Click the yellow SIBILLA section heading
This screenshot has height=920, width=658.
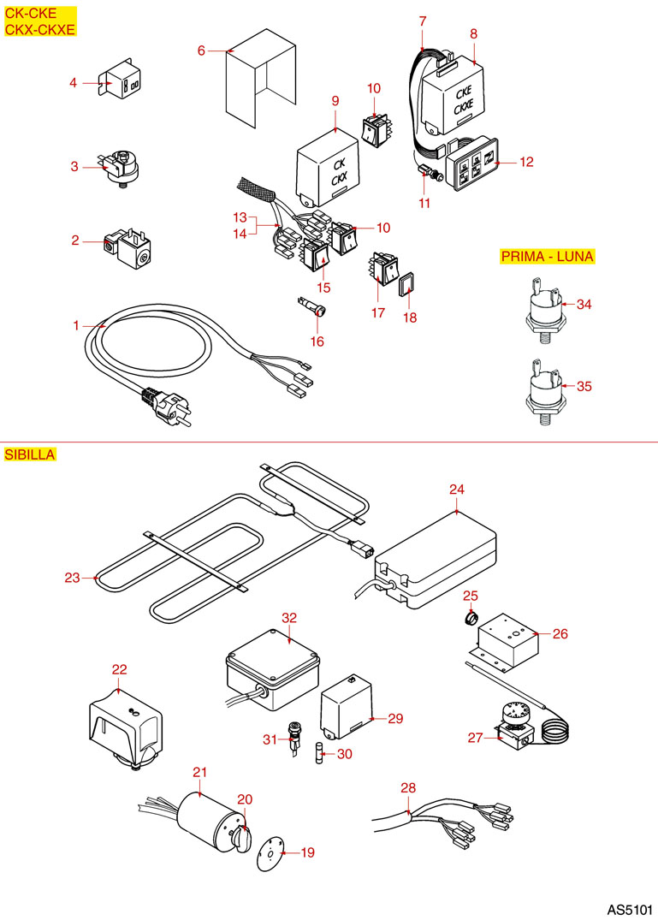pyautogui.click(x=30, y=454)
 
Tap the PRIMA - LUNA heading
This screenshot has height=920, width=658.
pyautogui.click(x=548, y=257)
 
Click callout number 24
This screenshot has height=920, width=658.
pyautogui.click(x=456, y=490)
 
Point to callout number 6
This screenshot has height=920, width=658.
pyautogui.click(x=201, y=50)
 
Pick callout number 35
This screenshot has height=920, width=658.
pyautogui.click(x=584, y=387)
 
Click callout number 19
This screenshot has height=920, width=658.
pyautogui.click(x=307, y=852)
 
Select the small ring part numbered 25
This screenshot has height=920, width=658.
pyautogui.click(x=471, y=617)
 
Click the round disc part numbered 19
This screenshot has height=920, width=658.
pyautogui.click(x=270, y=852)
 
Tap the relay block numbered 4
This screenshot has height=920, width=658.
pyautogui.click(x=122, y=83)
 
